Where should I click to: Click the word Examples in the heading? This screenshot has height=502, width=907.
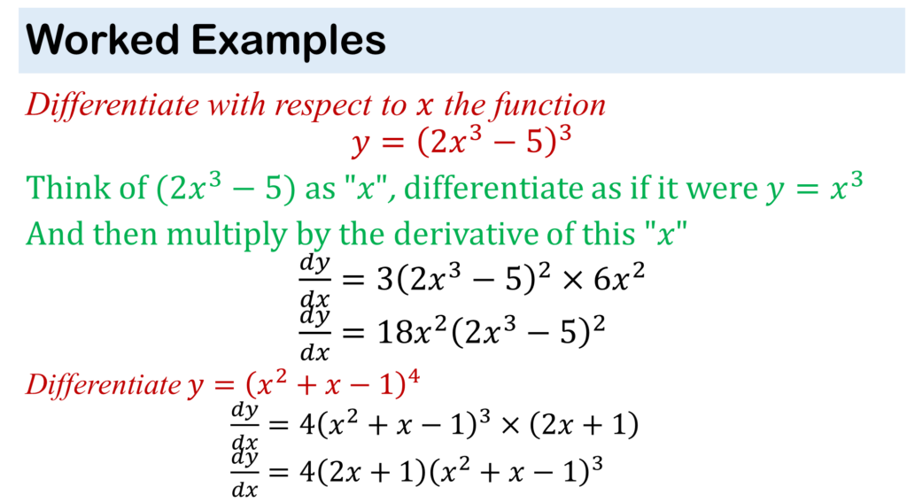(x=289, y=42)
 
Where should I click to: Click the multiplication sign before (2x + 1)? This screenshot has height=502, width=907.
(x=511, y=425)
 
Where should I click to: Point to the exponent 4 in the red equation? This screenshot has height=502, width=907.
(x=414, y=378)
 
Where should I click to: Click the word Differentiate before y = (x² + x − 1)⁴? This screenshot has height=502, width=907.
(x=104, y=384)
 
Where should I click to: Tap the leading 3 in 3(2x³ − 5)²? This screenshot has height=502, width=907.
(x=384, y=280)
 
